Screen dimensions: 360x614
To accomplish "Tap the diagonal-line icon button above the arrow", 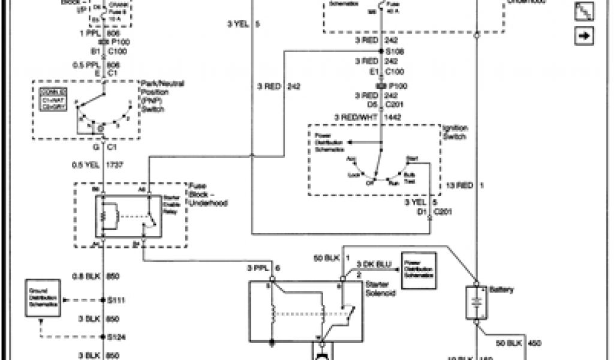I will click(x=583, y=11).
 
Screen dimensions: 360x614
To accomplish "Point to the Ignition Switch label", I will click(x=455, y=132).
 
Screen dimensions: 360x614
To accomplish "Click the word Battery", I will click(x=502, y=290).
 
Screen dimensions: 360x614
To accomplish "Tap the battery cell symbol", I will click(x=476, y=302).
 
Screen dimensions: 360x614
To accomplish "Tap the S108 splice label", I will click(x=397, y=52).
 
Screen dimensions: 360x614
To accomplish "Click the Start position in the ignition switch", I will click(x=411, y=158).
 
